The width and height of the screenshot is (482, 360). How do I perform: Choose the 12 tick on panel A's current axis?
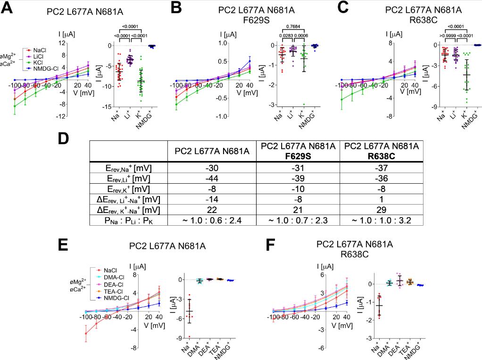(61, 43)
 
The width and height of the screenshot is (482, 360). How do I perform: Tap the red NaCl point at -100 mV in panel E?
(86, 334)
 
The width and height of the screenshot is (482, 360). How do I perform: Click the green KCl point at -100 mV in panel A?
(15, 106)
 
